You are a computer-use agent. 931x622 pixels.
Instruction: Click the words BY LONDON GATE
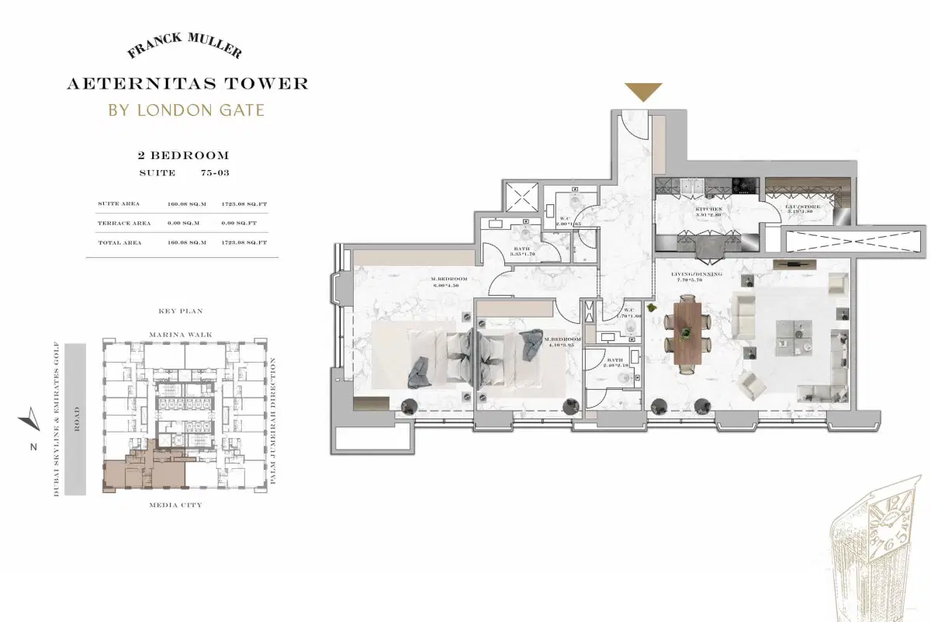click(x=186, y=109)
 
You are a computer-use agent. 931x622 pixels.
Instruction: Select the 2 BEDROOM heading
click(x=183, y=156)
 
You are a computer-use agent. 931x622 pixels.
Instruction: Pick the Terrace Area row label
click(x=124, y=223)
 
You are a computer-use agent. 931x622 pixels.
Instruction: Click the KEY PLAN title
click(x=180, y=311)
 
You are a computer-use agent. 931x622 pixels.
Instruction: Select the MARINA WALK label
click(x=180, y=335)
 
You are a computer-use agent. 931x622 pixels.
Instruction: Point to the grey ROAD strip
click(x=75, y=420)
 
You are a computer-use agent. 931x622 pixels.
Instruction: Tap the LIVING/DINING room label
click(x=697, y=274)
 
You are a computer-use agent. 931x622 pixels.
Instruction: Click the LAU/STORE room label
click(x=800, y=209)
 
